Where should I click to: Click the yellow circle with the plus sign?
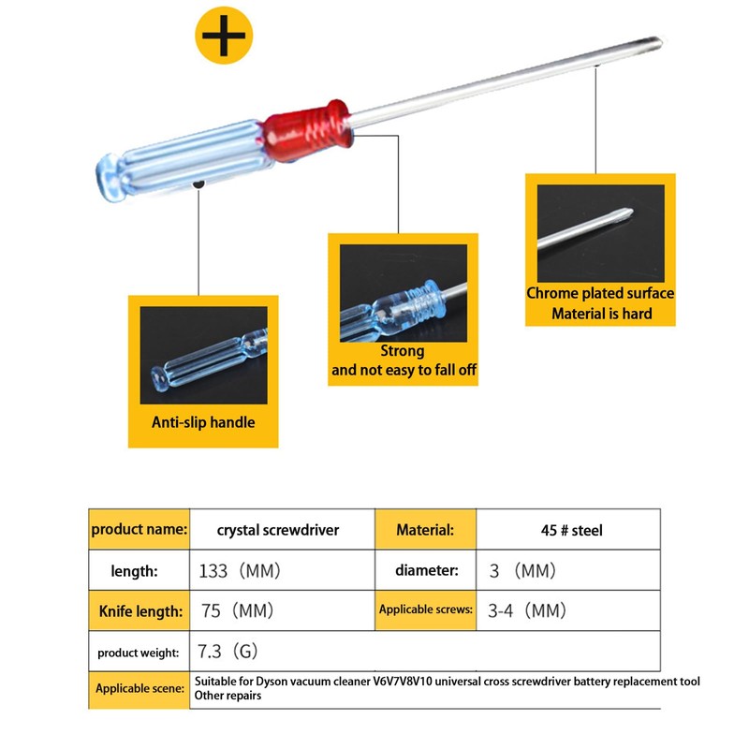point(225,36)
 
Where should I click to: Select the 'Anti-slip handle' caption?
point(203,422)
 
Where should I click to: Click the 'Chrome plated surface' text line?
point(600,293)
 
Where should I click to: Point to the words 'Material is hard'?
point(601,314)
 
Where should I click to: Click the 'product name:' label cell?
point(140,530)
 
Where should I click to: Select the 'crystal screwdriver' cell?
point(278,530)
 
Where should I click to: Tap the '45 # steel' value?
point(566,530)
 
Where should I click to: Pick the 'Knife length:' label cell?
point(140,611)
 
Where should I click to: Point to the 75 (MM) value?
point(238,611)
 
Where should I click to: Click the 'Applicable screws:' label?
point(426,610)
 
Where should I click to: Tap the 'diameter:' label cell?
point(426,569)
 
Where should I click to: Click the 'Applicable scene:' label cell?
point(140,689)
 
